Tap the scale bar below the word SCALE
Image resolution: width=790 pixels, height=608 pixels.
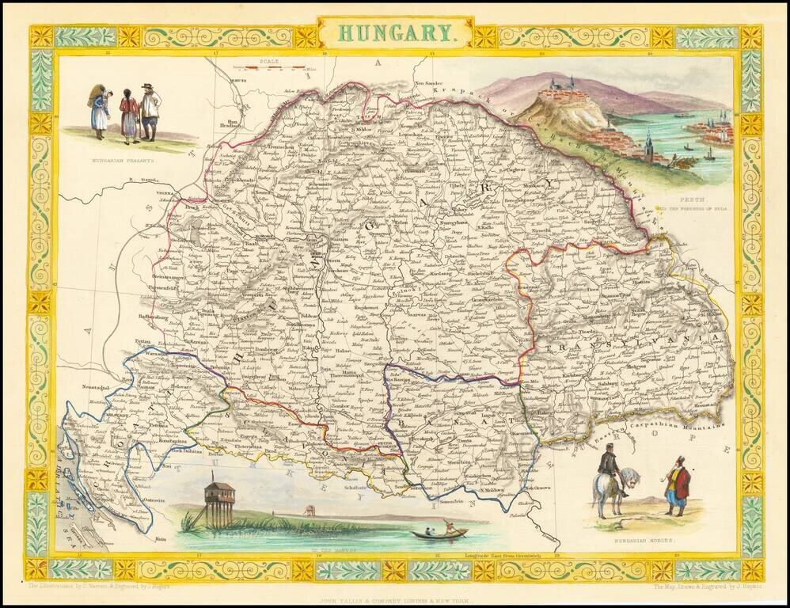(x=274, y=69)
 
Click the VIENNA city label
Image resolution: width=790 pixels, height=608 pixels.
(x=165, y=193)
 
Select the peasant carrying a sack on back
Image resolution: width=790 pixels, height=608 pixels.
(x=99, y=111)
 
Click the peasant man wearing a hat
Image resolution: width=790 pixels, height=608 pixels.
(x=149, y=111)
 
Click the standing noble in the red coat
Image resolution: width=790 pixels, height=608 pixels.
(x=677, y=485)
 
